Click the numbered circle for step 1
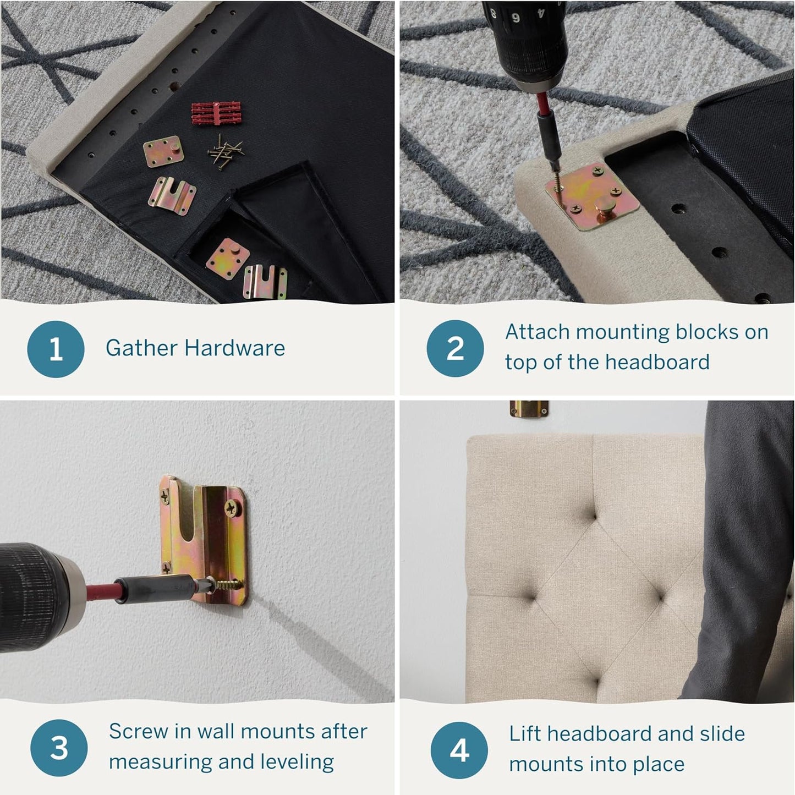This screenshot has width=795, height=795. [56, 349]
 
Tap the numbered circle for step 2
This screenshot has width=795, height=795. [455, 349]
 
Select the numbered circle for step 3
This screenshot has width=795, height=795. [59, 748]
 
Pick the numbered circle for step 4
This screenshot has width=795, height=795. [459, 750]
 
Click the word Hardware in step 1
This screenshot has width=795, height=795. [234, 348]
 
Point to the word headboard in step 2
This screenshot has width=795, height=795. [657, 362]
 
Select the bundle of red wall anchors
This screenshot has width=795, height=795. [217, 113]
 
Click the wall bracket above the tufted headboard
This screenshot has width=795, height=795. [529, 408]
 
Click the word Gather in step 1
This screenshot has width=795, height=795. [141, 348]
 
